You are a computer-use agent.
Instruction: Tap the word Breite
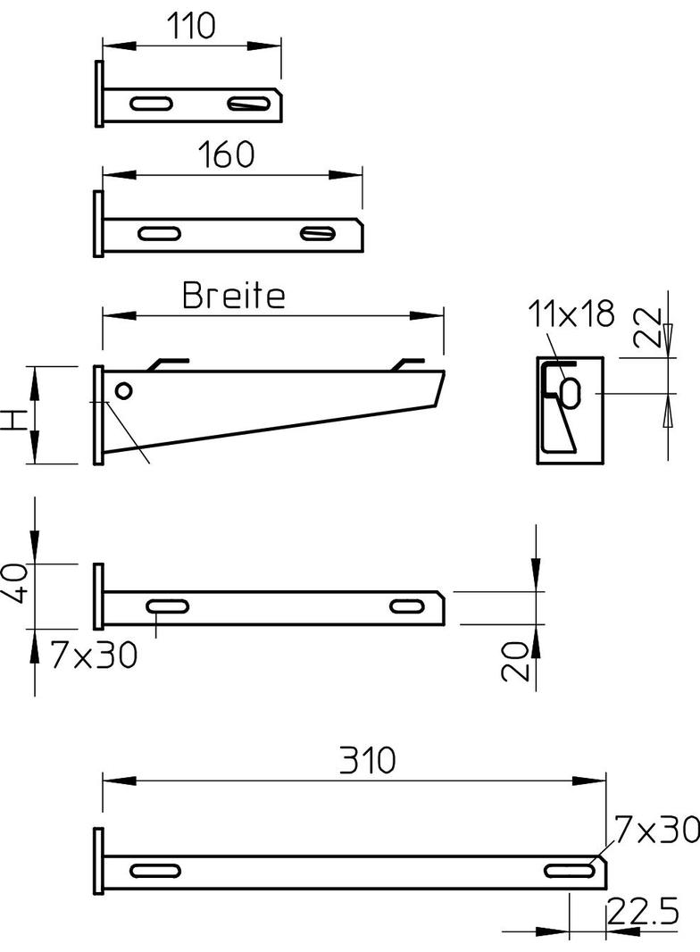pyautogui.click(x=234, y=295)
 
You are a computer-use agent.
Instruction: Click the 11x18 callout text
pyautogui.click(x=571, y=313)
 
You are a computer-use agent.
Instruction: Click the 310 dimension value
pyautogui.click(x=366, y=761)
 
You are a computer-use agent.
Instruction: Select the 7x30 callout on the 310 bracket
pyautogui.click(x=655, y=831)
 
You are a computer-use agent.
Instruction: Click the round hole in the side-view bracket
pyautogui.click(x=124, y=390)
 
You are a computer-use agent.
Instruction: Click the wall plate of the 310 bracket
pyautogui.click(x=98, y=862)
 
